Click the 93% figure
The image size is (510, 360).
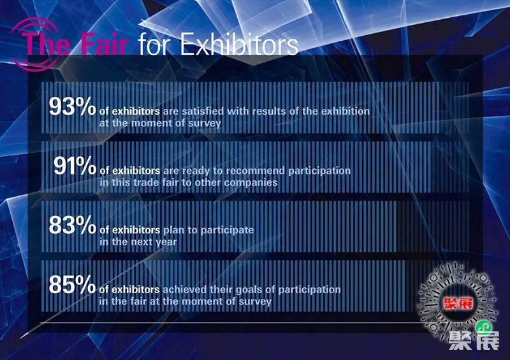pyautogui.click(x=72, y=106)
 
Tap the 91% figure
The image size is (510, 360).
pyautogui.click(x=75, y=166)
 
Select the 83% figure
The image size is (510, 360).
pyautogui.click(x=72, y=225)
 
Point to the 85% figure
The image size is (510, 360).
pyautogui.click(x=72, y=284)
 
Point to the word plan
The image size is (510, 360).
pyautogui.click(x=173, y=231)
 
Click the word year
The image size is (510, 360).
pyautogui.click(x=166, y=242)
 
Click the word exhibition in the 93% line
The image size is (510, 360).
pyautogui.click(x=345, y=112)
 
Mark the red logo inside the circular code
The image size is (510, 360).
pyautogui.click(x=458, y=303)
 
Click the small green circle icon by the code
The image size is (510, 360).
pyautogui.click(x=483, y=326)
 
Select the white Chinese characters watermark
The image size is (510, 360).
pyautogui.click(x=474, y=340)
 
